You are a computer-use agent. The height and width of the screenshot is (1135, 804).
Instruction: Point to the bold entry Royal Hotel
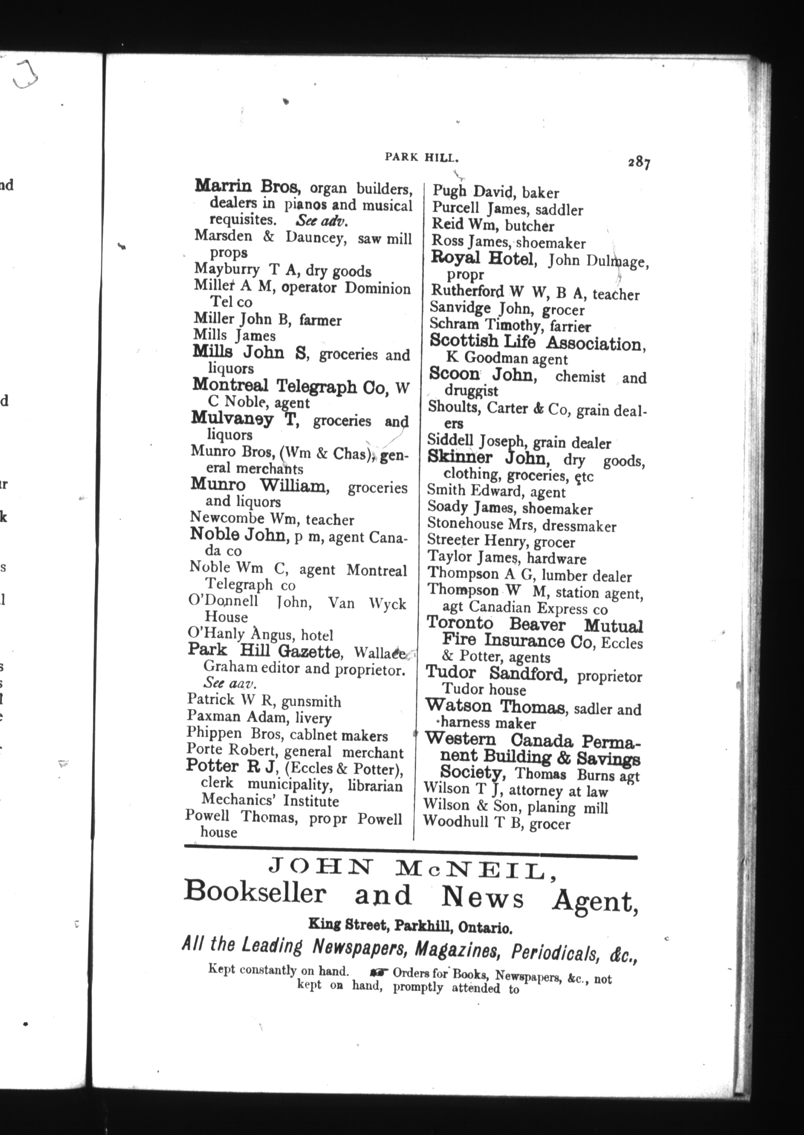(482, 258)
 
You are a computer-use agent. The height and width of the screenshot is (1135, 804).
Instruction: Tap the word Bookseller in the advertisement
(255, 894)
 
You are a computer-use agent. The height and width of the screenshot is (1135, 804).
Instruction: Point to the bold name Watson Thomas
(495, 706)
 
